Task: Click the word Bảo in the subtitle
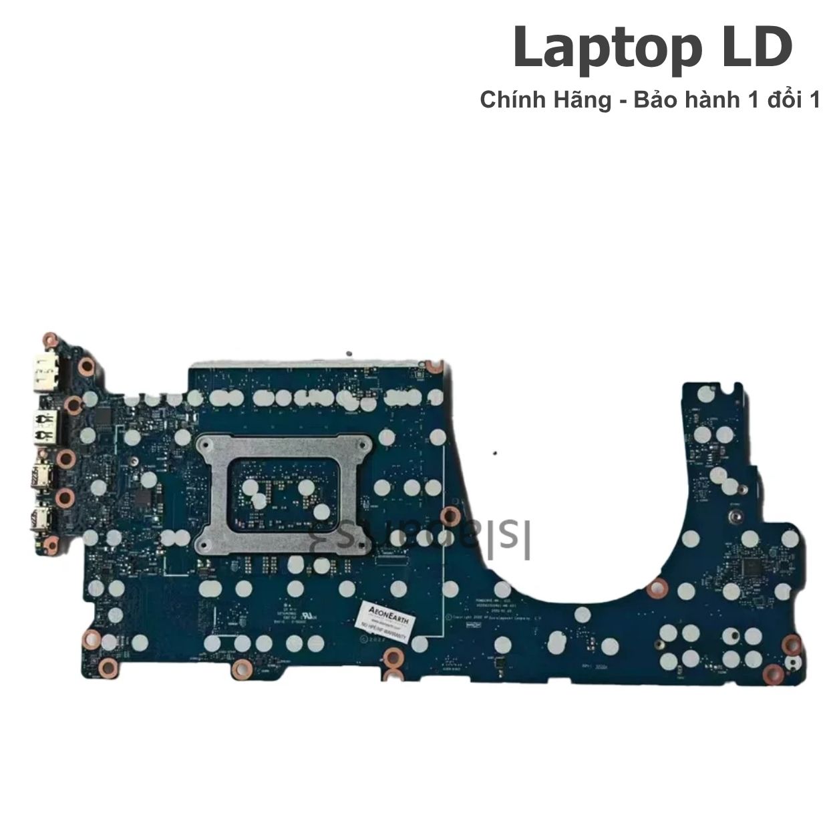[x=647, y=101]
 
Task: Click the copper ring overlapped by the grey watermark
[x=452, y=515]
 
